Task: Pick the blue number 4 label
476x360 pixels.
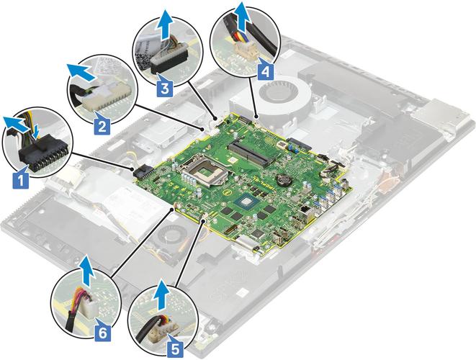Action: click(x=265, y=71)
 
